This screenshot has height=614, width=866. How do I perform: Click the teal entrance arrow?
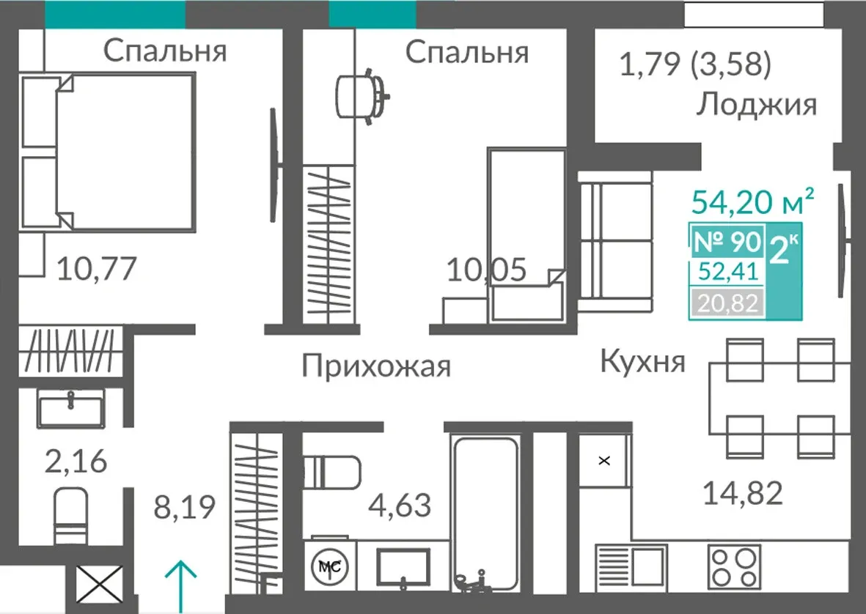(x=180, y=580)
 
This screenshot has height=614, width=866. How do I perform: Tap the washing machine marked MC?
(x=330, y=565)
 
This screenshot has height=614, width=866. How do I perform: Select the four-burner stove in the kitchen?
(x=735, y=566)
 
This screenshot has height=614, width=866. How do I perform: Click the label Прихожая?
(x=376, y=366)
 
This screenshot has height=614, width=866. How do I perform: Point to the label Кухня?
(x=643, y=362)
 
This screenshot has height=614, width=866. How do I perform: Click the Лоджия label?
(x=756, y=104)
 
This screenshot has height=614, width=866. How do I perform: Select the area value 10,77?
(x=97, y=269)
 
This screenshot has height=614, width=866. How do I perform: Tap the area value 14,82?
(x=743, y=493)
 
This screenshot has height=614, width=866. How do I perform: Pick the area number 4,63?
(x=401, y=506)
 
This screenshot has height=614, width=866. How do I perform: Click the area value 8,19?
(x=184, y=507)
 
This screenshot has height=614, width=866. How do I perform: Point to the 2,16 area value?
(x=76, y=461)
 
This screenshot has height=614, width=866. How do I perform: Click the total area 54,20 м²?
(x=752, y=201)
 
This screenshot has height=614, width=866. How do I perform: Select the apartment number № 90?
(x=727, y=242)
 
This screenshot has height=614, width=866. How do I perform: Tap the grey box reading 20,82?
(x=726, y=303)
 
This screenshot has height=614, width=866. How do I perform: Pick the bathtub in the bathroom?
(x=486, y=514)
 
